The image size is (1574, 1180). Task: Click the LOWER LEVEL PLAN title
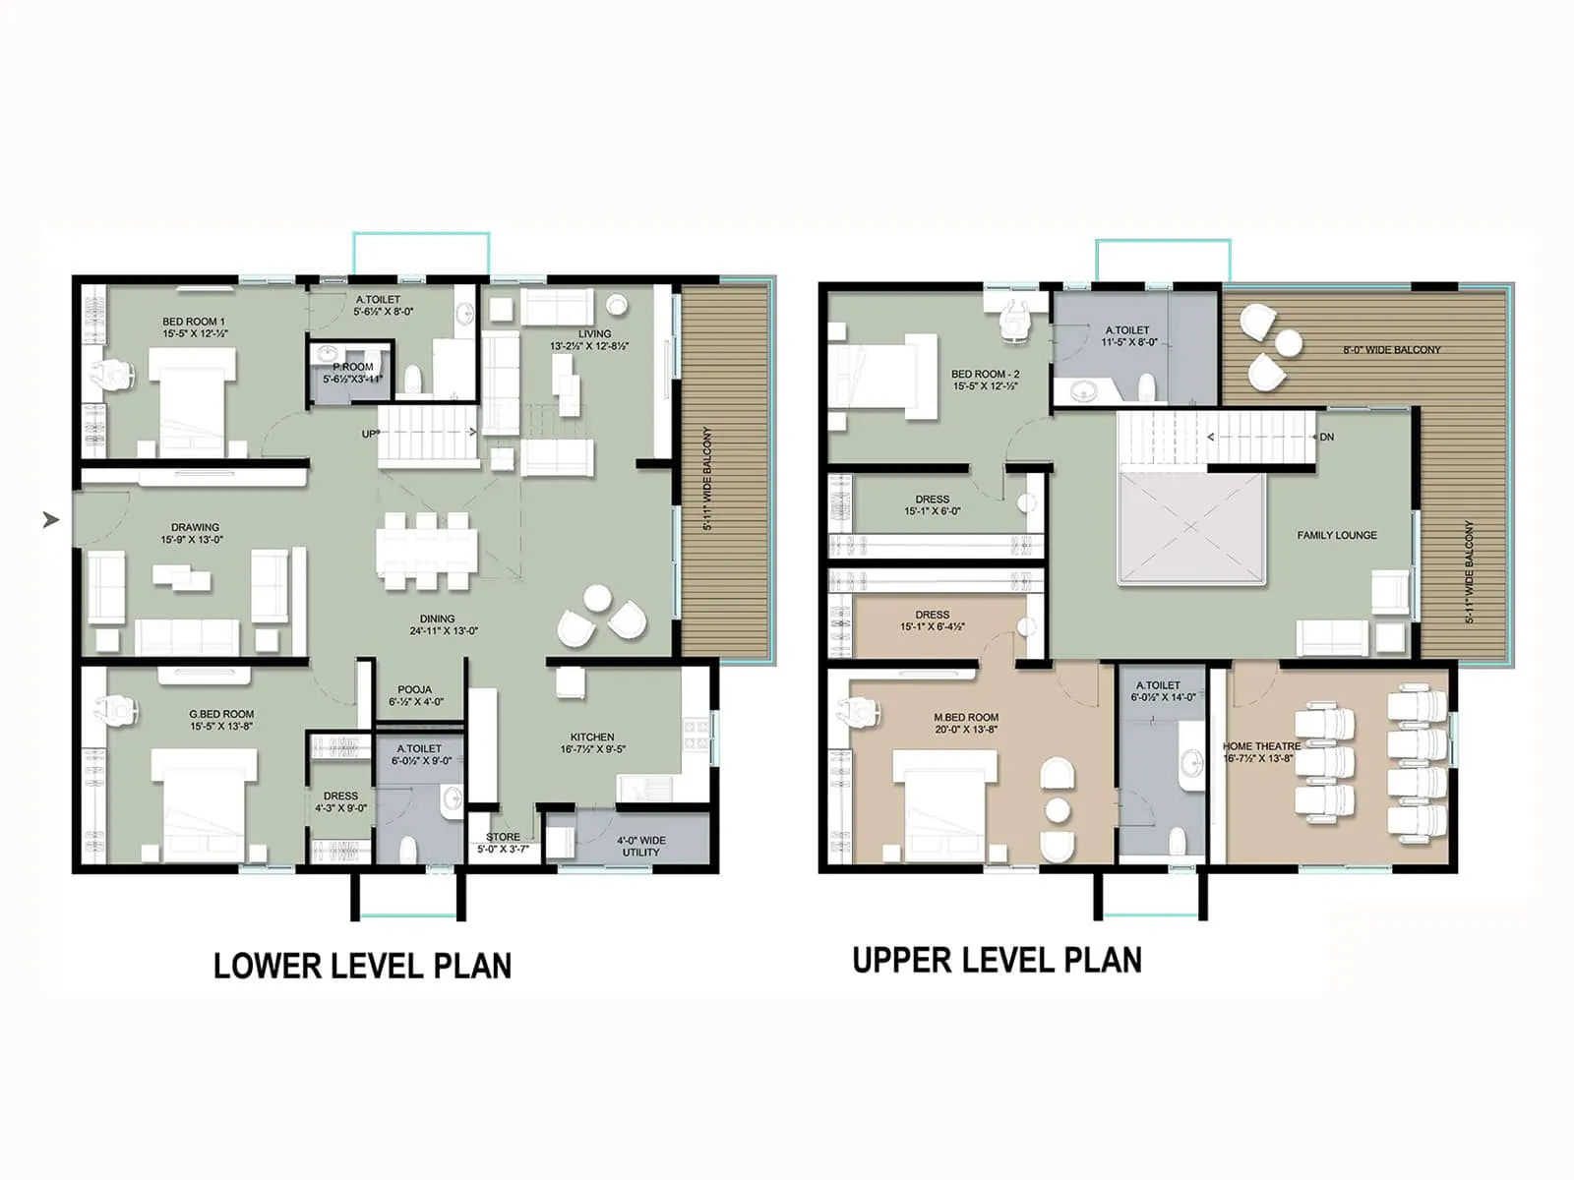(362, 965)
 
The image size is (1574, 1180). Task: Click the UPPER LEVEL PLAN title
(997, 960)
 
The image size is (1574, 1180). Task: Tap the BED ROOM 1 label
(194, 322)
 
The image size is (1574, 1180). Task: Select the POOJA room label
(414, 689)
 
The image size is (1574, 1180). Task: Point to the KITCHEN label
(592, 737)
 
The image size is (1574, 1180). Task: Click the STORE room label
(503, 837)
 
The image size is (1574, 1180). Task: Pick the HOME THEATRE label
(1261, 746)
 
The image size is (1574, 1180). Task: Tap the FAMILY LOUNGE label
(1336, 535)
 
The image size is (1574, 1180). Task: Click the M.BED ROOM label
(966, 718)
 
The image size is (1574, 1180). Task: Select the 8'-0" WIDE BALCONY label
(1391, 350)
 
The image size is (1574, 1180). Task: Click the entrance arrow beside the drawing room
(51, 519)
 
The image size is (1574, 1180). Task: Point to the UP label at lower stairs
(369, 434)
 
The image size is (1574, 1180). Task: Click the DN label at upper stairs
(1326, 437)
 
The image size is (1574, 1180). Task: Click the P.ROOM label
(352, 367)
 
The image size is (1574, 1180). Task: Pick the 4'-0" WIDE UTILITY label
(641, 846)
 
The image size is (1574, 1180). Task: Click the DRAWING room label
(195, 527)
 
